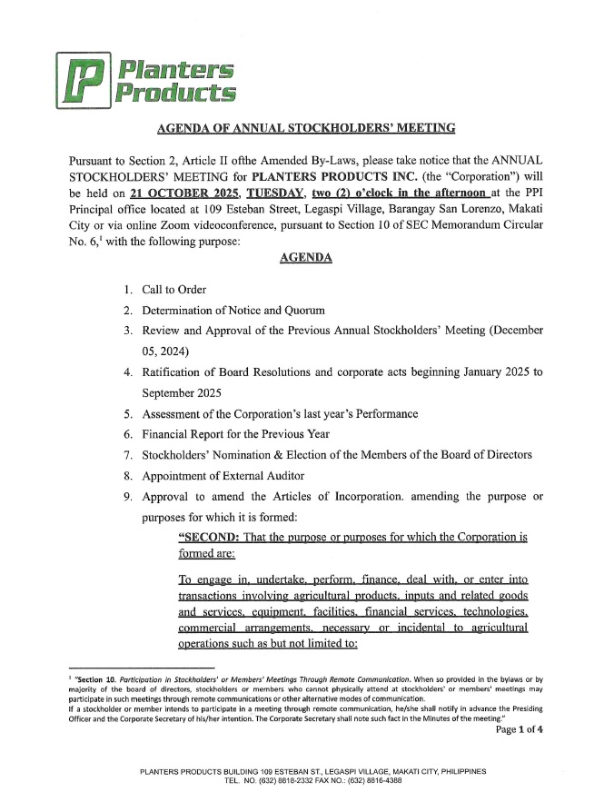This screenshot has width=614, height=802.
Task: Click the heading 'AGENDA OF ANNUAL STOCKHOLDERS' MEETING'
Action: click(307, 128)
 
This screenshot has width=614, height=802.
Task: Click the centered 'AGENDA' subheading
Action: click(306, 258)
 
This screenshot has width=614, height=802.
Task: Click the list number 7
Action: click(128, 455)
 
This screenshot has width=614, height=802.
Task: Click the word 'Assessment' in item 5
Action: click(176, 414)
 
